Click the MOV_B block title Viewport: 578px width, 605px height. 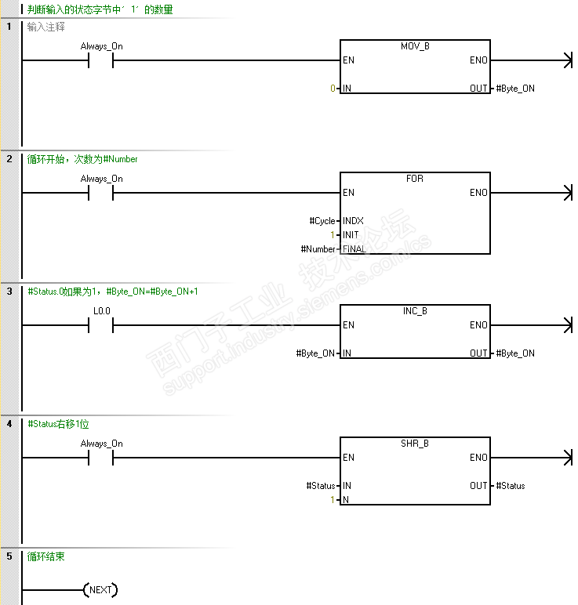415,46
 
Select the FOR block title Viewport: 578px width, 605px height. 415,179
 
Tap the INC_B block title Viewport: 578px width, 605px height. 415,311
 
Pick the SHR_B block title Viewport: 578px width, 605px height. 415,444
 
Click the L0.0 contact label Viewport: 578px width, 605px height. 102,311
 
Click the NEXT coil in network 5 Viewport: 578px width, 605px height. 100,590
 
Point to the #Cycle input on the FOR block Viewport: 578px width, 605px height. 323,221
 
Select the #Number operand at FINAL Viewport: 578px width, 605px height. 319,249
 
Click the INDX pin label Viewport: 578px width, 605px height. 353,221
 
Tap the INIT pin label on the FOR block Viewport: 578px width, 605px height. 351,235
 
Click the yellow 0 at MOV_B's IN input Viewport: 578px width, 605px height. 333,89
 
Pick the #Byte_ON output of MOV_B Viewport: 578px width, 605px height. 515,89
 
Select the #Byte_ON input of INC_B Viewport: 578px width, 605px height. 317,353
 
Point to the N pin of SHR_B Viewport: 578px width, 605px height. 346,500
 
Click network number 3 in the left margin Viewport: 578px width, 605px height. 9,292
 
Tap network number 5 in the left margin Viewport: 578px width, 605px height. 9,556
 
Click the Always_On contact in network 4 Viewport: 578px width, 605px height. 102,458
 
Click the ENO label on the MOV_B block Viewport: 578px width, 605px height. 478,60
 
